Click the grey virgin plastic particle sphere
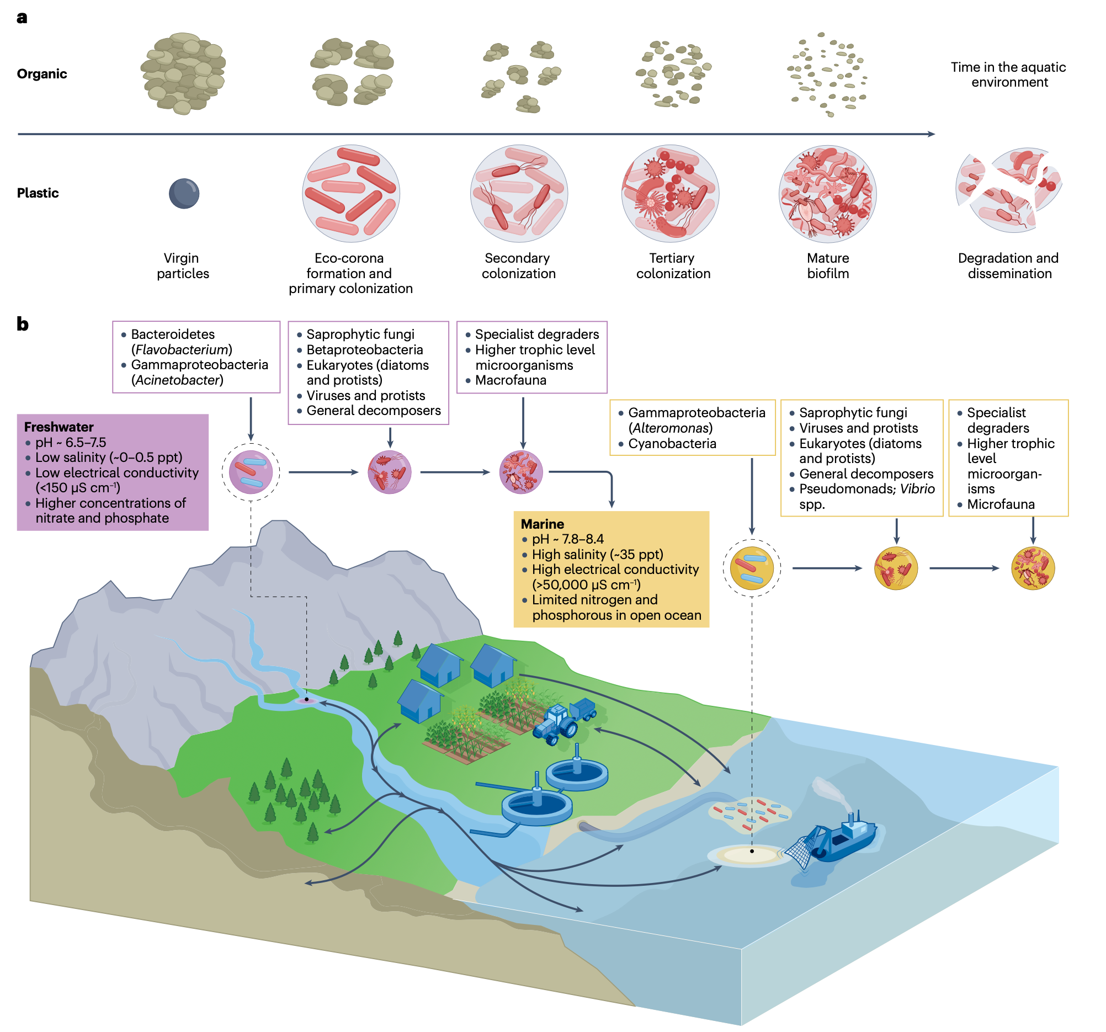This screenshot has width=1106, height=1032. pyautogui.click(x=184, y=194)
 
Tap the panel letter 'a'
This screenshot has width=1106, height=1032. pyautogui.click(x=22, y=18)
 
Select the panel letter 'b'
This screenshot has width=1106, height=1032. pyautogui.click(x=22, y=324)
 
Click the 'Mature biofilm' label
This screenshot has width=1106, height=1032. pyautogui.click(x=828, y=265)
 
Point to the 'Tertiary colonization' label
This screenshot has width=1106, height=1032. pyautogui.click(x=673, y=265)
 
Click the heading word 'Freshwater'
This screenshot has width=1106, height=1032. pyautogui.click(x=59, y=427)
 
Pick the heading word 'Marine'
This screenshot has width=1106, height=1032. pyautogui.click(x=543, y=524)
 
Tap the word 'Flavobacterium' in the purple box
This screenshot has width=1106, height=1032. pyautogui.click(x=182, y=349)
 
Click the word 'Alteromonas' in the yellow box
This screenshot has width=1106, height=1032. pyautogui.click(x=671, y=428)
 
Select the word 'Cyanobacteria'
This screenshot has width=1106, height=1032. pyautogui.click(x=672, y=443)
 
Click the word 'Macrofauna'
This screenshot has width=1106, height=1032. pyautogui.click(x=511, y=380)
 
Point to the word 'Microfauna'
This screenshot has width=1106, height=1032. pyautogui.click(x=1001, y=504)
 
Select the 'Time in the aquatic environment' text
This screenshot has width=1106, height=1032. pyautogui.click(x=1008, y=75)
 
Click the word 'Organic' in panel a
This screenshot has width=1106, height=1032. pyautogui.click(x=42, y=74)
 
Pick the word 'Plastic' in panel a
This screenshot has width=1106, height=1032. pyautogui.click(x=38, y=193)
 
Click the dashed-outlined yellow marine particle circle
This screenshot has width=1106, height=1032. pyautogui.click(x=752, y=568)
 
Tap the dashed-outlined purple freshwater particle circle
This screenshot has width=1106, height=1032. pyautogui.click(x=251, y=472)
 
